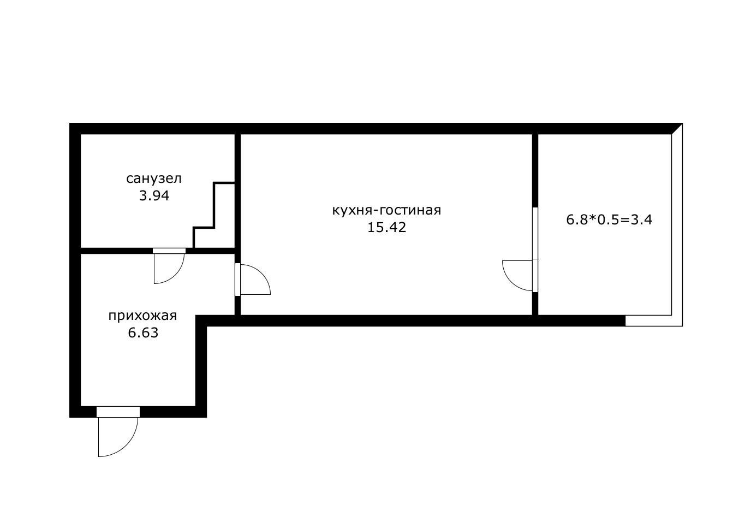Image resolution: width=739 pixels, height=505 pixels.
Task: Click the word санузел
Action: (154, 179)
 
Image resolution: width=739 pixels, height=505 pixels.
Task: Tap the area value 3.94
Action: (154, 196)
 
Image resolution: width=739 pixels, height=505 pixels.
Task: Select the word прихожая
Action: (142, 316)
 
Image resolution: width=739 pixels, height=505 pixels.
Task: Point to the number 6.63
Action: (143, 332)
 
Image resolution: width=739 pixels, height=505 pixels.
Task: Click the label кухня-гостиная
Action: (386, 210)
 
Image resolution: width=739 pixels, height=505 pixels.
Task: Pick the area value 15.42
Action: (386, 228)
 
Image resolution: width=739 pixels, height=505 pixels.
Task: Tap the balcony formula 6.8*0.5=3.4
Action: (609, 220)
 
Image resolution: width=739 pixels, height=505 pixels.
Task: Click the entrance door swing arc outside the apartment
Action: (127, 445)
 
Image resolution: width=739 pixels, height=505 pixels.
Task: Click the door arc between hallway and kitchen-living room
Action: (261, 274)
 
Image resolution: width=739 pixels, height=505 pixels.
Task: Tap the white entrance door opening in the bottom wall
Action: (118, 412)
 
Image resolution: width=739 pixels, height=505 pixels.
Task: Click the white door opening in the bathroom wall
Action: (169, 251)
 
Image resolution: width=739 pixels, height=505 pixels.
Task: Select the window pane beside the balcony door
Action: (535, 233)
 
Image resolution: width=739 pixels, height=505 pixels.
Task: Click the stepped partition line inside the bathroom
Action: (214, 215)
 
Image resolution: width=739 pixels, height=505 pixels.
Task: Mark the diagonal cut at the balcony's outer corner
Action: (677, 129)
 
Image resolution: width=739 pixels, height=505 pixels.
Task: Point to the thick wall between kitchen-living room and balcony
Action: (535, 170)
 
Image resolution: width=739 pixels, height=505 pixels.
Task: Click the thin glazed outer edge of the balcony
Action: (677, 228)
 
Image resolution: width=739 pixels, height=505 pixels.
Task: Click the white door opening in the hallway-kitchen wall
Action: (237, 280)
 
